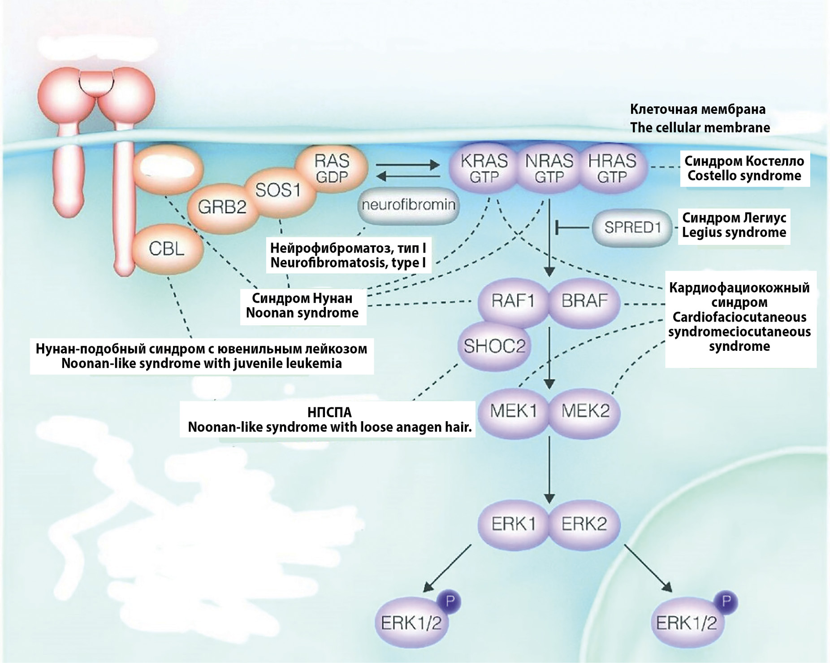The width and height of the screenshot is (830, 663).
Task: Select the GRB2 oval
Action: [222, 207]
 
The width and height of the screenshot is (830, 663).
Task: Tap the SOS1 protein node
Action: [278, 190]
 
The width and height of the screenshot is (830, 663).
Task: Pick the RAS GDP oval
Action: [332, 169]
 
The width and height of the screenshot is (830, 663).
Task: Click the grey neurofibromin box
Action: [408, 205]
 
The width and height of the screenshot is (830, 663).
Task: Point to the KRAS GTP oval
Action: [484, 169]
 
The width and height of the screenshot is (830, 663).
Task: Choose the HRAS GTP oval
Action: [612, 169]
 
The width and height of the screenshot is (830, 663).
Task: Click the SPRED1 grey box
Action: [632, 227]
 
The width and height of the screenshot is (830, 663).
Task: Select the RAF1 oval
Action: [513, 301]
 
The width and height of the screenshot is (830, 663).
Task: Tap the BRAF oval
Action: [584, 301]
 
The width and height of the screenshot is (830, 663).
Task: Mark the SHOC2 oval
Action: [494, 346]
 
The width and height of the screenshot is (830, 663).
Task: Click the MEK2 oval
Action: [585, 411]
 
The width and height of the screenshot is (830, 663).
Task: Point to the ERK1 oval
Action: [513, 523]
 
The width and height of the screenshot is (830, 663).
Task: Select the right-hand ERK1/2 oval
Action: [686, 623]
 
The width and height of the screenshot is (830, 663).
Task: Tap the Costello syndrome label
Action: [744, 168]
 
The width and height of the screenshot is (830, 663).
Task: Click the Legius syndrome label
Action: [734, 225]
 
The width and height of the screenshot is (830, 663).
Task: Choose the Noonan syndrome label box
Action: [303, 305]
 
